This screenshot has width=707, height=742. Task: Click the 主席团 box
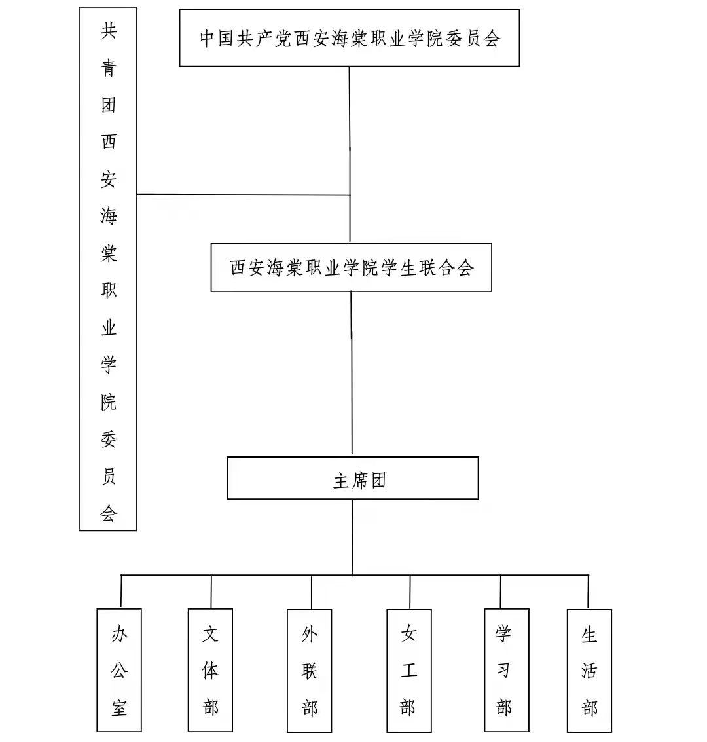pyautogui.click(x=352, y=478)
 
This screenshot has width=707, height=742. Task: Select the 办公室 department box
pyautogui.click(x=119, y=670)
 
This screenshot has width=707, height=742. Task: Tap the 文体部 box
pyautogui.click(x=210, y=670)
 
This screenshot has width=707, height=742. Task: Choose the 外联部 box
pyautogui.click(x=309, y=670)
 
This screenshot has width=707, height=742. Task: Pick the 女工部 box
pyautogui.click(x=408, y=670)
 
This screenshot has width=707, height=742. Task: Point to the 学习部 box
pyautogui.click(x=506, y=670)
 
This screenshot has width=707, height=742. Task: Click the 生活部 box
pyautogui.click(x=589, y=670)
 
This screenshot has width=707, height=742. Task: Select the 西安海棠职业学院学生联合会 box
pyautogui.click(x=351, y=267)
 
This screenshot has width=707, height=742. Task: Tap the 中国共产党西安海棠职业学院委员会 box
pyautogui.click(x=349, y=38)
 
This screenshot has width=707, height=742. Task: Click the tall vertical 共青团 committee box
pyautogui.click(x=107, y=269)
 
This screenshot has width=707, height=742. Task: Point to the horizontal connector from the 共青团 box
pyautogui.click(x=242, y=195)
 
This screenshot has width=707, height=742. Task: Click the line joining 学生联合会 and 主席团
pyautogui.click(x=352, y=373)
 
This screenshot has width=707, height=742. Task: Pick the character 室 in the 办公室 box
pyautogui.click(x=119, y=707)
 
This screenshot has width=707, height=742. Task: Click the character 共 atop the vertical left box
pyautogui.click(x=108, y=31)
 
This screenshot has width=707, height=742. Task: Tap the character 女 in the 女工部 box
pyautogui.click(x=408, y=633)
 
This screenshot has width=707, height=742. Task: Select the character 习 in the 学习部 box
pyautogui.click(x=503, y=670)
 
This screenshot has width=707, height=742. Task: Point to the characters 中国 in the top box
pyautogui.click(x=217, y=38)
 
